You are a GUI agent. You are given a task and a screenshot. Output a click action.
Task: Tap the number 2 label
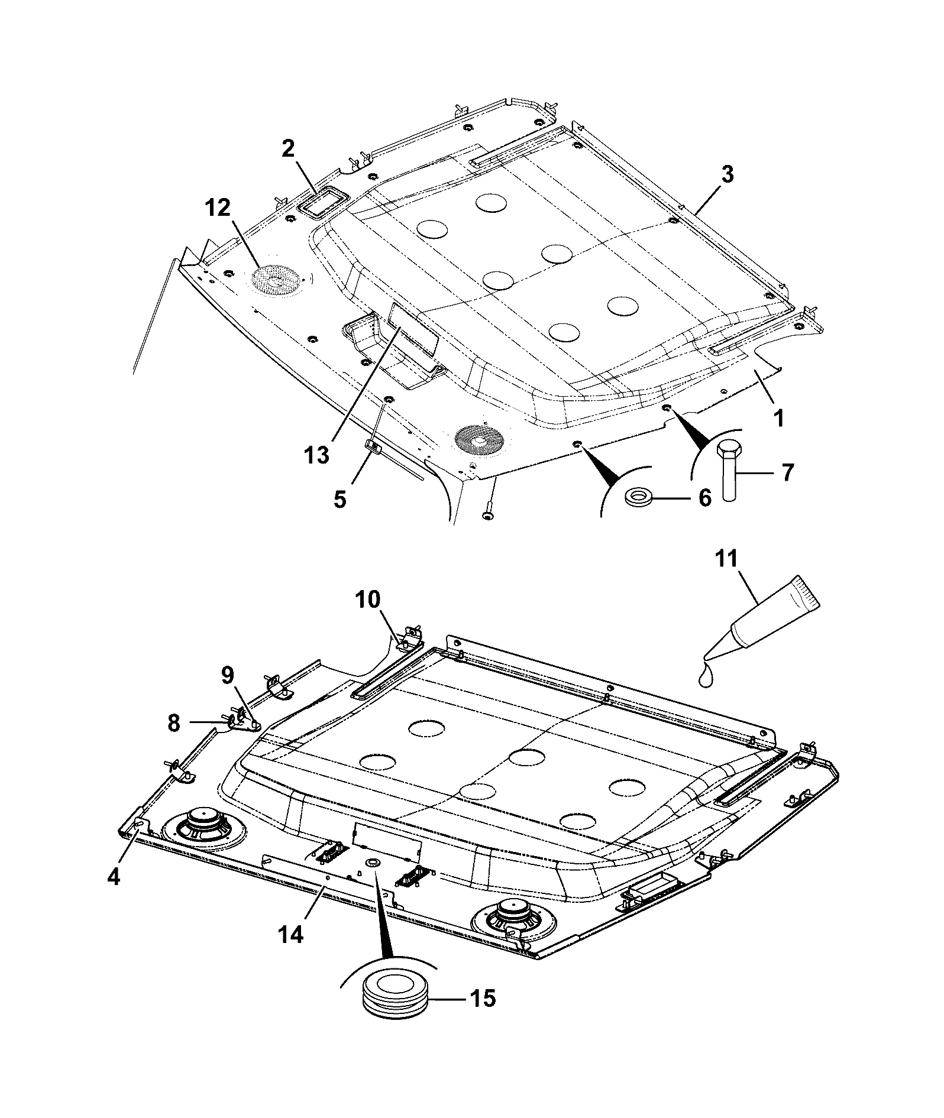point(288,149)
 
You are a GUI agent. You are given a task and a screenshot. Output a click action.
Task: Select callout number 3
point(727,175)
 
